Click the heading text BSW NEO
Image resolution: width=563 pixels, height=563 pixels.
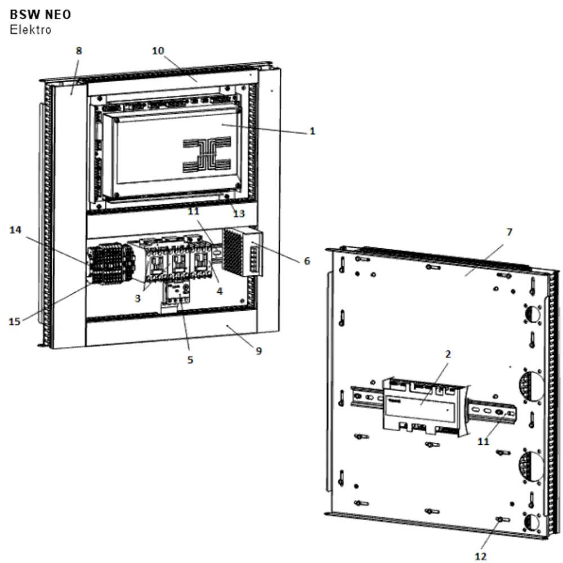(x=40, y=15)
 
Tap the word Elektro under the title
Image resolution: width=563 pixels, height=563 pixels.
(x=30, y=29)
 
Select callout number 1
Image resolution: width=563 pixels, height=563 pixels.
(x=312, y=131)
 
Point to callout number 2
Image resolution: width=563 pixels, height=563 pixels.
(x=448, y=354)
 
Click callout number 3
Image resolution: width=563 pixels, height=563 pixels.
(x=137, y=298)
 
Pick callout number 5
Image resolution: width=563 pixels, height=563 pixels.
(x=190, y=360)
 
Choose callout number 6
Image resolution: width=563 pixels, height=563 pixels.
(x=307, y=261)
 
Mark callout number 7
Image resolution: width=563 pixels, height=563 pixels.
(x=509, y=233)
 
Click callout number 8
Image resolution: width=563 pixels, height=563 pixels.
(x=79, y=51)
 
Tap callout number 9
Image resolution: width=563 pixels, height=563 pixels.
(x=258, y=351)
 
